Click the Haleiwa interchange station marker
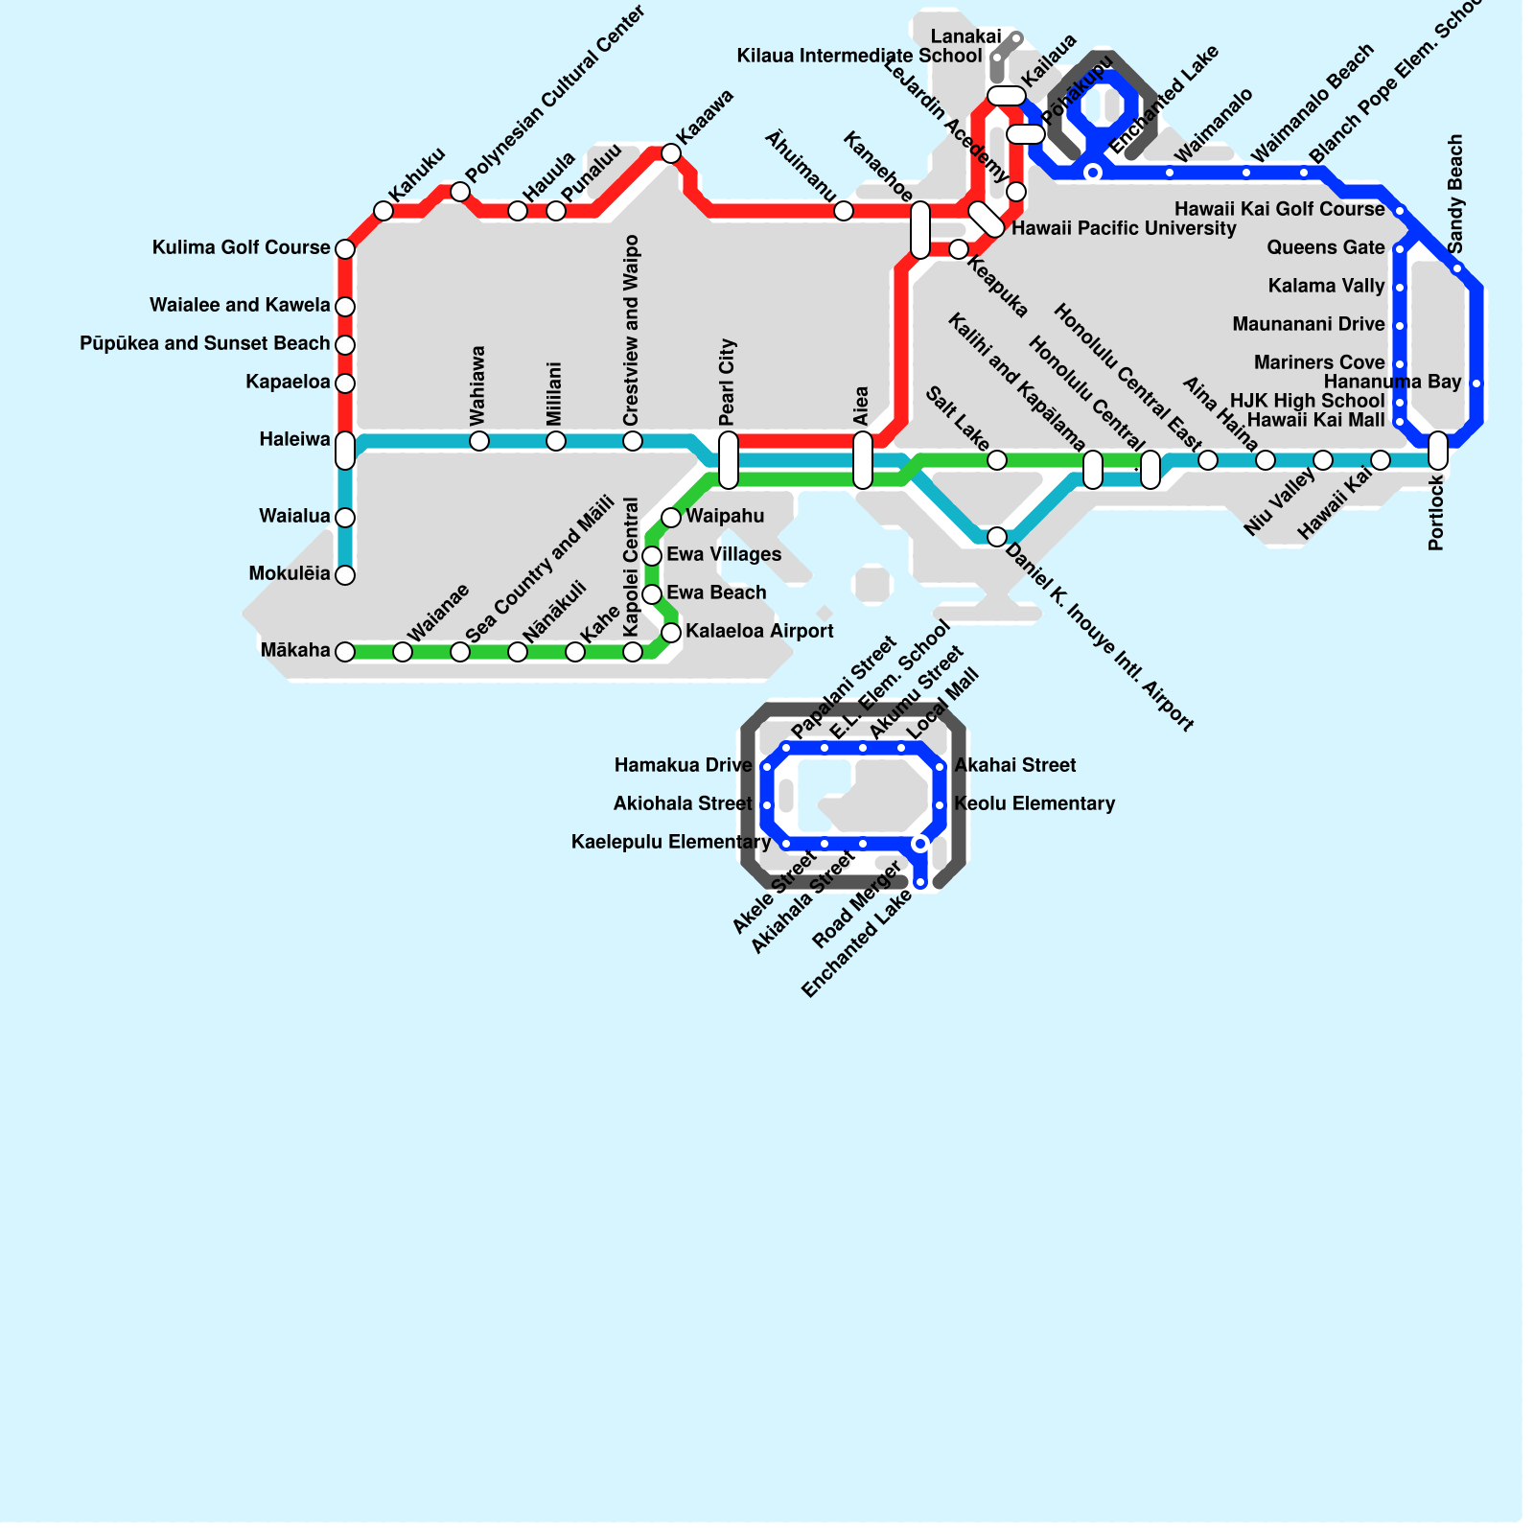(345, 451)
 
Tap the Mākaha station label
(295, 651)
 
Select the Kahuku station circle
(383, 211)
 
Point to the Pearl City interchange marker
(729, 460)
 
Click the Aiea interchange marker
(863, 460)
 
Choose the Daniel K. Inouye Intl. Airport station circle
(997, 536)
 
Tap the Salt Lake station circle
(997, 460)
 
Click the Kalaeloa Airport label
(759, 631)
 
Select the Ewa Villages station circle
(652, 556)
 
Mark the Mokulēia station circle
(345, 575)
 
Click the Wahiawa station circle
(479, 441)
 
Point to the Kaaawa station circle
(671, 153)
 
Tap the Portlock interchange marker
(1438, 451)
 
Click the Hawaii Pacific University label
(1124, 228)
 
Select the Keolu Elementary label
(1034, 803)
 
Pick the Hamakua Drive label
(683, 765)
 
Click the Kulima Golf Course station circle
(345, 249)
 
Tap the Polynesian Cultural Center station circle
(460, 192)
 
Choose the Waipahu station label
(725, 516)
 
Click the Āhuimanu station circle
(844, 211)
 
